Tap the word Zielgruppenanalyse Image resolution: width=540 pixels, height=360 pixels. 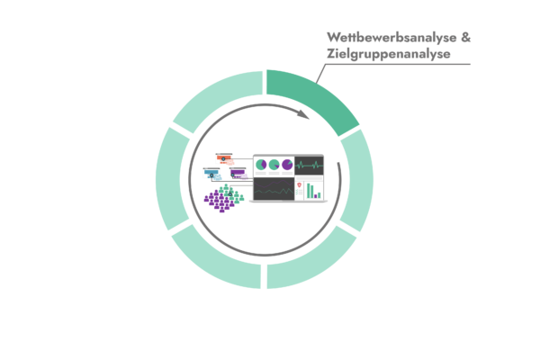(x=389, y=54)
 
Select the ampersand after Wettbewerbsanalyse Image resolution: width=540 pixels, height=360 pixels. (x=465, y=37)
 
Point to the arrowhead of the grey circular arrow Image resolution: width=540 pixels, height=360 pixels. (x=303, y=114)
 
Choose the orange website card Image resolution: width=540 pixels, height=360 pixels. (x=224, y=159)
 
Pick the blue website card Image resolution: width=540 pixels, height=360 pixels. (x=212, y=174)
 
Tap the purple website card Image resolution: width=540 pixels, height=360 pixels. (x=238, y=174)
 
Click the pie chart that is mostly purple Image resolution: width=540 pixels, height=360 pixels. (x=287, y=165)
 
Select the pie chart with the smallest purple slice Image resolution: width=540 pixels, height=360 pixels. (x=274, y=165)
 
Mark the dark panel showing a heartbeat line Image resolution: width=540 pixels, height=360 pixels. (x=309, y=166)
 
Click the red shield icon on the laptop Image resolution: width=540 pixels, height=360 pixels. (x=300, y=185)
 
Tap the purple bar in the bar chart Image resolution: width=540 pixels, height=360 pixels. (x=316, y=196)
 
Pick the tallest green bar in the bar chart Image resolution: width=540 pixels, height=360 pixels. (x=309, y=191)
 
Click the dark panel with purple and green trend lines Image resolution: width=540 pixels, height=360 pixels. (x=274, y=188)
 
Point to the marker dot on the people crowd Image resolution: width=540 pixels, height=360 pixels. (x=230, y=194)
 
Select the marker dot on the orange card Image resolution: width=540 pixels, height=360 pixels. (x=223, y=159)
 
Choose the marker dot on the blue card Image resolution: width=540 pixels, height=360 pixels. (x=211, y=175)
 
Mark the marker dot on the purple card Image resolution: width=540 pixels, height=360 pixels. (x=233, y=175)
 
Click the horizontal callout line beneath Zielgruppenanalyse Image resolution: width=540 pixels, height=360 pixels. (x=398, y=64)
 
